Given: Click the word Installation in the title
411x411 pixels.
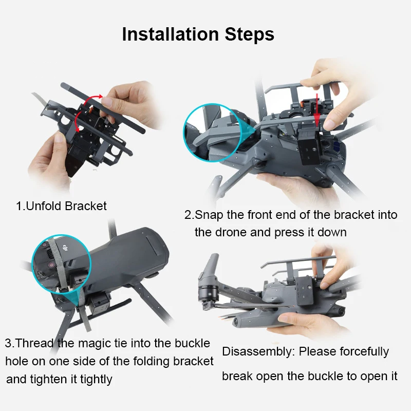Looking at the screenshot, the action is click(x=171, y=34).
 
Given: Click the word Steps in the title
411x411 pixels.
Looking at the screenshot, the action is click(x=250, y=34).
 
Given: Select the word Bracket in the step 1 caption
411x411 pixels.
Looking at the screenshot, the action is click(x=86, y=206).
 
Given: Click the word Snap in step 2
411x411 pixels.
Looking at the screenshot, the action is click(x=209, y=215).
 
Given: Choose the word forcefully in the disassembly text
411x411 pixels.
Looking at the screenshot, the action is click(x=364, y=352).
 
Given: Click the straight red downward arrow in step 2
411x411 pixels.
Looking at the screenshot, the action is click(x=317, y=109).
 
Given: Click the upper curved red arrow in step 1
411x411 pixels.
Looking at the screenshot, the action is click(x=93, y=99).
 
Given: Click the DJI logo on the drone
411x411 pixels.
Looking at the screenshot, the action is click(x=65, y=248).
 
